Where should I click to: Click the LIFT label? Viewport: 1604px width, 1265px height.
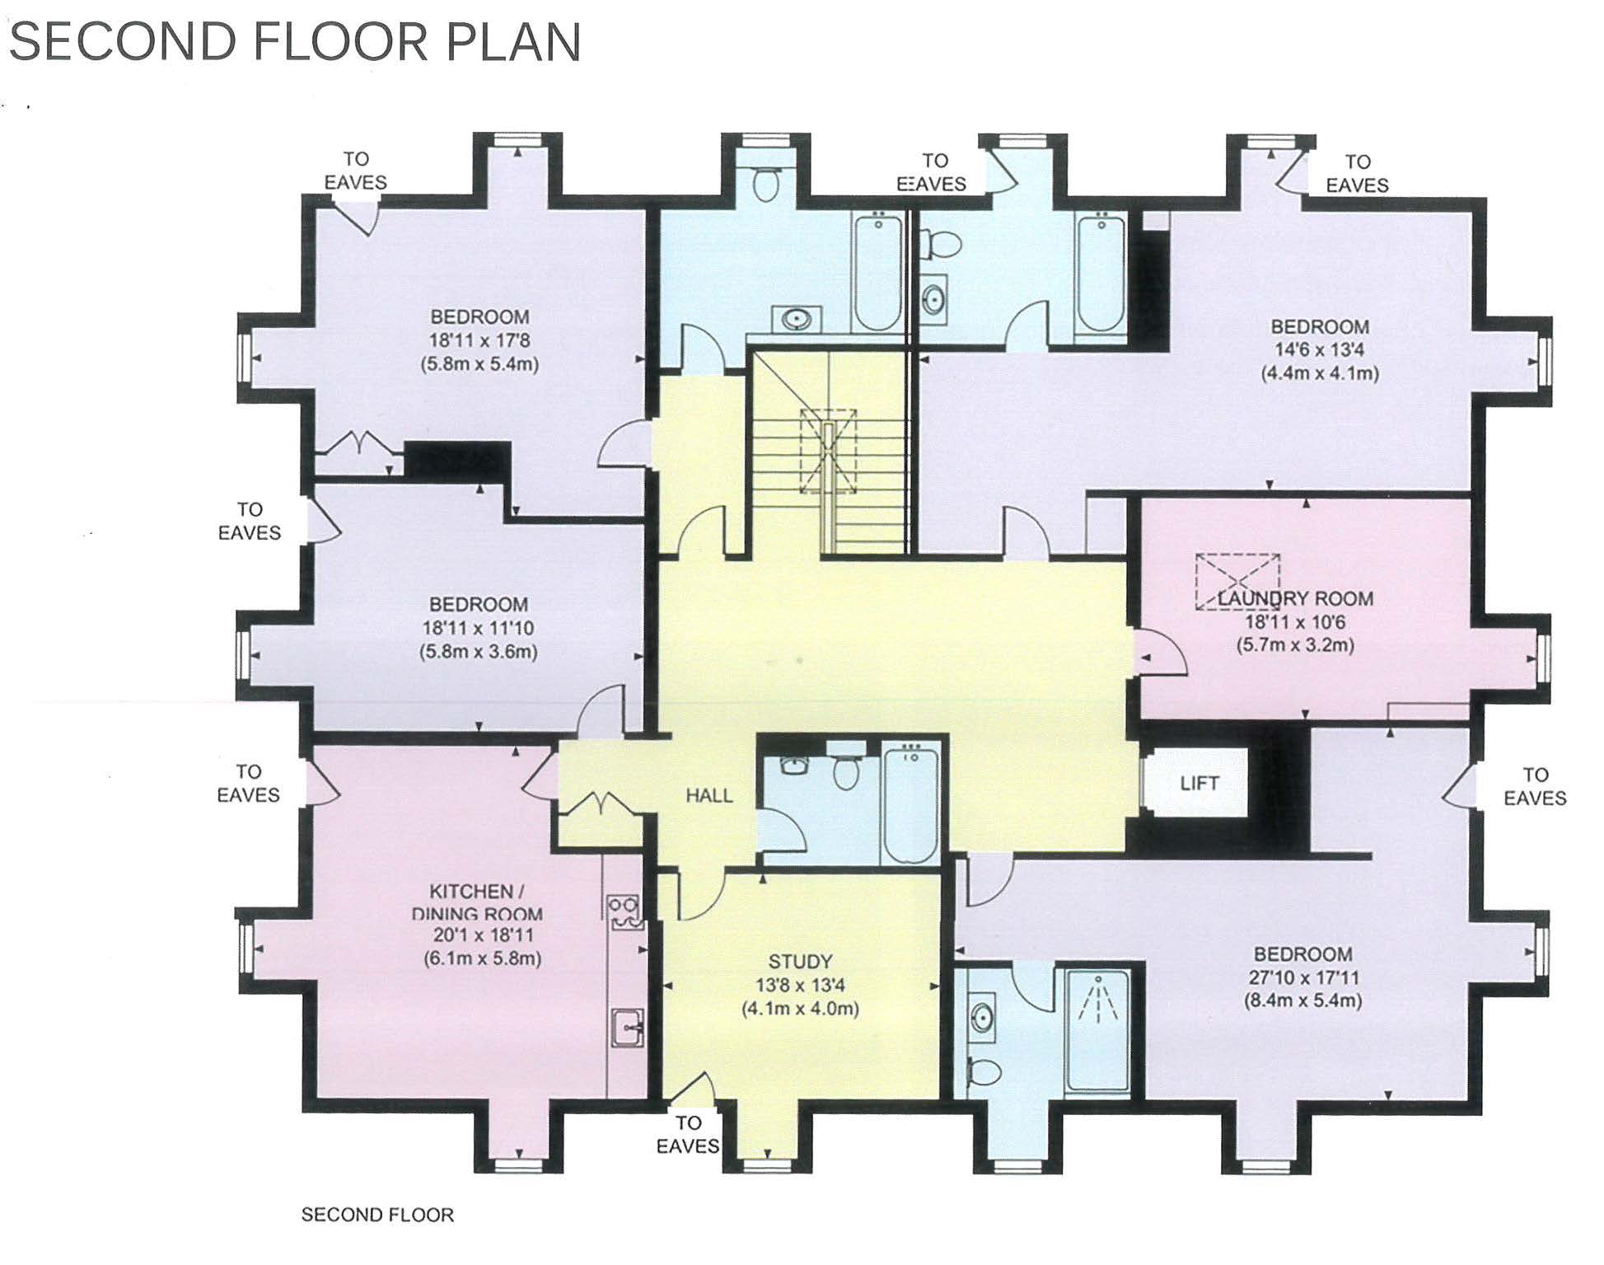pos(1199,783)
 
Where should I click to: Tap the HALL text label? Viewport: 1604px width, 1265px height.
pos(709,795)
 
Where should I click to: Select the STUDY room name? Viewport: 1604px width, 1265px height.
pos(800,961)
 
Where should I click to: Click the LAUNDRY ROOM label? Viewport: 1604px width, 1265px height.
pos(1296,598)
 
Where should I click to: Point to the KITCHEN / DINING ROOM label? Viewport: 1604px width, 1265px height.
pos(477,902)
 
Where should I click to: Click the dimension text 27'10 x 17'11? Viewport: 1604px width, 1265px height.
pos(1302,977)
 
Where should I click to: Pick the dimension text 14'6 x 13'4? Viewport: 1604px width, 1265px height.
pos(1319,349)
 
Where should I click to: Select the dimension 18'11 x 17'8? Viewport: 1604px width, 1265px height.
pos(479,340)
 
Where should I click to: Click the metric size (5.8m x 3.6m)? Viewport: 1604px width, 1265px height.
pos(479,651)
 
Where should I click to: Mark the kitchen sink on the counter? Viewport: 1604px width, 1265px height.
pos(627,1028)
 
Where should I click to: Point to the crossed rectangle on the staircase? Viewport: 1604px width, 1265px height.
pos(829,451)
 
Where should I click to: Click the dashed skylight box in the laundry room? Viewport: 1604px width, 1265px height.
pos(1238,581)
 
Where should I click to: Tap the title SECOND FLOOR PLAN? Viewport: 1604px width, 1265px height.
pos(295,42)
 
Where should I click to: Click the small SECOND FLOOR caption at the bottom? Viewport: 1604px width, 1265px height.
pos(377,1214)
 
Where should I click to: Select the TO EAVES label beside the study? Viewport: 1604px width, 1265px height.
pos(688,1134)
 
